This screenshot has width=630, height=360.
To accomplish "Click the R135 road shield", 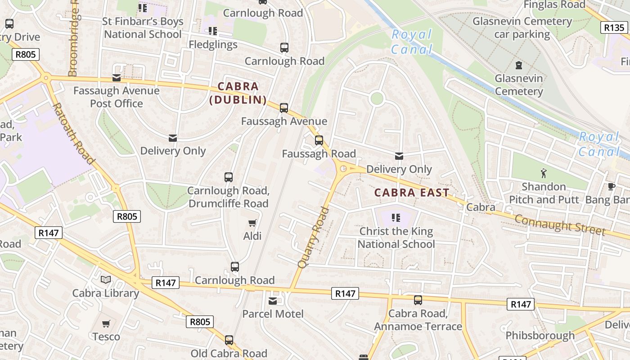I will coord(614,27).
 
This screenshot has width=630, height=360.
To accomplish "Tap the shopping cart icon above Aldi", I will coord(252,223).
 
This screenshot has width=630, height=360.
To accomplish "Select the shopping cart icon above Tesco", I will coord(106,324).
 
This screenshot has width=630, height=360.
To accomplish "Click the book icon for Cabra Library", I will coord(106,280).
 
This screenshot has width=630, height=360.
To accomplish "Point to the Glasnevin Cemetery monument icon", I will coord(519,65).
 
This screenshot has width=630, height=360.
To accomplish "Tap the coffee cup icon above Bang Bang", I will coord(611,186).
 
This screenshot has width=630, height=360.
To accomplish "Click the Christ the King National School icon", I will coord(396,218).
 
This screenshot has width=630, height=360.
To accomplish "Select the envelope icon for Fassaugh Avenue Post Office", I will coord(117,78).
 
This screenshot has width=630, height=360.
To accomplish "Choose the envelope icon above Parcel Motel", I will coord(273,301).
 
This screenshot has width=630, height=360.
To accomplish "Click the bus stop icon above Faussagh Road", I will coord(319,140).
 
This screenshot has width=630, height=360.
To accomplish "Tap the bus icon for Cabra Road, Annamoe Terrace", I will coord(418,300).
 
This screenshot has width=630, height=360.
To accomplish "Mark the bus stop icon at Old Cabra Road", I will coord(229,340).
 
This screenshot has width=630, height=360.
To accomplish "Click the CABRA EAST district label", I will coord(412,193).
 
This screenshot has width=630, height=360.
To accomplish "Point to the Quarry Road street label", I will coord(313,237).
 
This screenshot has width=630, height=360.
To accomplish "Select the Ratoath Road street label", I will coord(74,134).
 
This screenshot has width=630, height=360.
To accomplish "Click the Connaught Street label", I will coord(559,225).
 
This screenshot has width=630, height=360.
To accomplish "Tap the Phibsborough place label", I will coord(540,336).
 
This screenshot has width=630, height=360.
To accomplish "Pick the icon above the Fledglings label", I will coord(213,31).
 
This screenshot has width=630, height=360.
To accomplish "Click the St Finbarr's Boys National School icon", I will coord(143,8).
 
